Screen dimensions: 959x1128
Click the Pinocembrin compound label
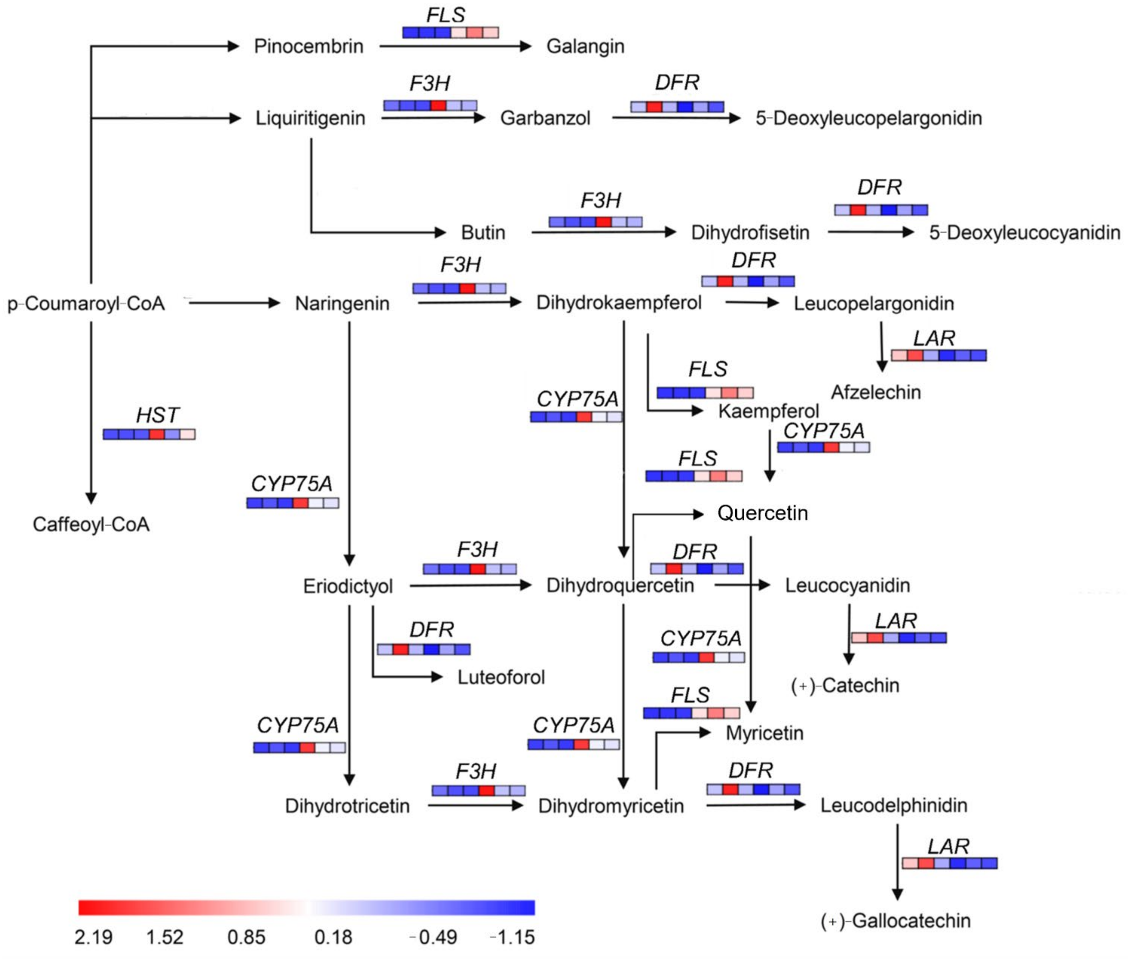coord(308,46)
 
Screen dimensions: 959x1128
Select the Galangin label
coord(585,46)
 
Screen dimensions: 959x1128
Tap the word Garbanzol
coord(545,118)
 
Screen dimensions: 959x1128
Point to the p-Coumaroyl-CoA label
coord(86,303)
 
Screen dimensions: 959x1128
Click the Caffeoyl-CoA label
coord(91,524)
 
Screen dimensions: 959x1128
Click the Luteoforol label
coord(501,677)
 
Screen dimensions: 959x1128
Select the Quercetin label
coord(762,513)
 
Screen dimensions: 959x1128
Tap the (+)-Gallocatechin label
coord(895,921)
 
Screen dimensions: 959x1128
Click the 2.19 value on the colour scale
coord(93,937)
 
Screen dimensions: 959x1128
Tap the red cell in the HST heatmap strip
coord(156,434)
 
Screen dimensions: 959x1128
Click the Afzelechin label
coord(876,392)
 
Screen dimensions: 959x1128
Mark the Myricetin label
coord(764,733)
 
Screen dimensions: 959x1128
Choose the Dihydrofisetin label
coord(750,233)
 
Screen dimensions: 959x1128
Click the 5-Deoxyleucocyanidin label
coord(1024,233)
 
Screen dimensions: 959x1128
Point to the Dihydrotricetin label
coord(347,806)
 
